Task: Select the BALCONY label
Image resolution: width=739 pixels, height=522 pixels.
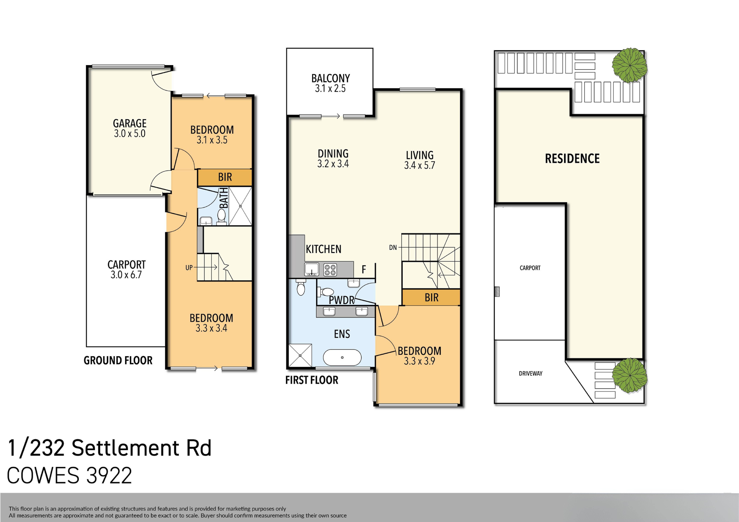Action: click(x=330, y=78)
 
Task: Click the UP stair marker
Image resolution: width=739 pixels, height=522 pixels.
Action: click(x=189, y=267)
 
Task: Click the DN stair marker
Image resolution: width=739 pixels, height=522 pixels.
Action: click(x=393, y=247)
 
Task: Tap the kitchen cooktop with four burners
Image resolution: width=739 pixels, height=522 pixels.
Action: click(x=330, y=270)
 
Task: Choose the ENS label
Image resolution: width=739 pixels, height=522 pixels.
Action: click(x=342, y=334)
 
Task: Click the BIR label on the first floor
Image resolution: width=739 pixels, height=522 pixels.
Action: click(x=431, y=298)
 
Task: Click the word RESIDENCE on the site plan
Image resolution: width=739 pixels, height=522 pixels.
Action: click(x=572, y=159)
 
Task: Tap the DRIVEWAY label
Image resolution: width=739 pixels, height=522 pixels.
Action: click(x=530, y=373)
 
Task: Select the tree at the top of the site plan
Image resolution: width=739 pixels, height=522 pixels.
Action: click(x=629, y=65)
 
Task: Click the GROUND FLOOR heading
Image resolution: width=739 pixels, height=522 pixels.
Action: click(x=118, y=360)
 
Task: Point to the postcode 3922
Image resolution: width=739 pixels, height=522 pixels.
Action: click(x=109, y=475)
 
